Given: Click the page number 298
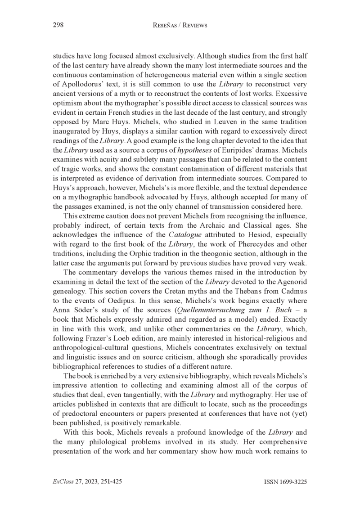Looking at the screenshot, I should [59, 26].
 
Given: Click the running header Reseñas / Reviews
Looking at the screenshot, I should [180, 26].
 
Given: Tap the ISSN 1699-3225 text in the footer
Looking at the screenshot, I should [285, 482].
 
